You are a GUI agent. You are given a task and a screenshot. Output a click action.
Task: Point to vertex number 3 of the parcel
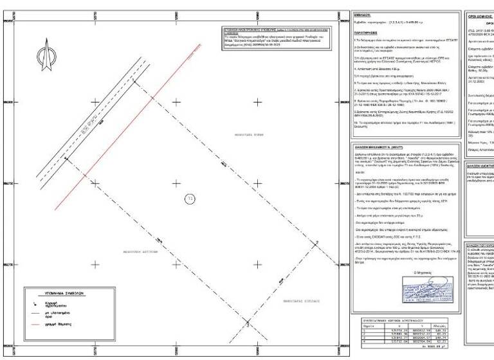248,326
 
